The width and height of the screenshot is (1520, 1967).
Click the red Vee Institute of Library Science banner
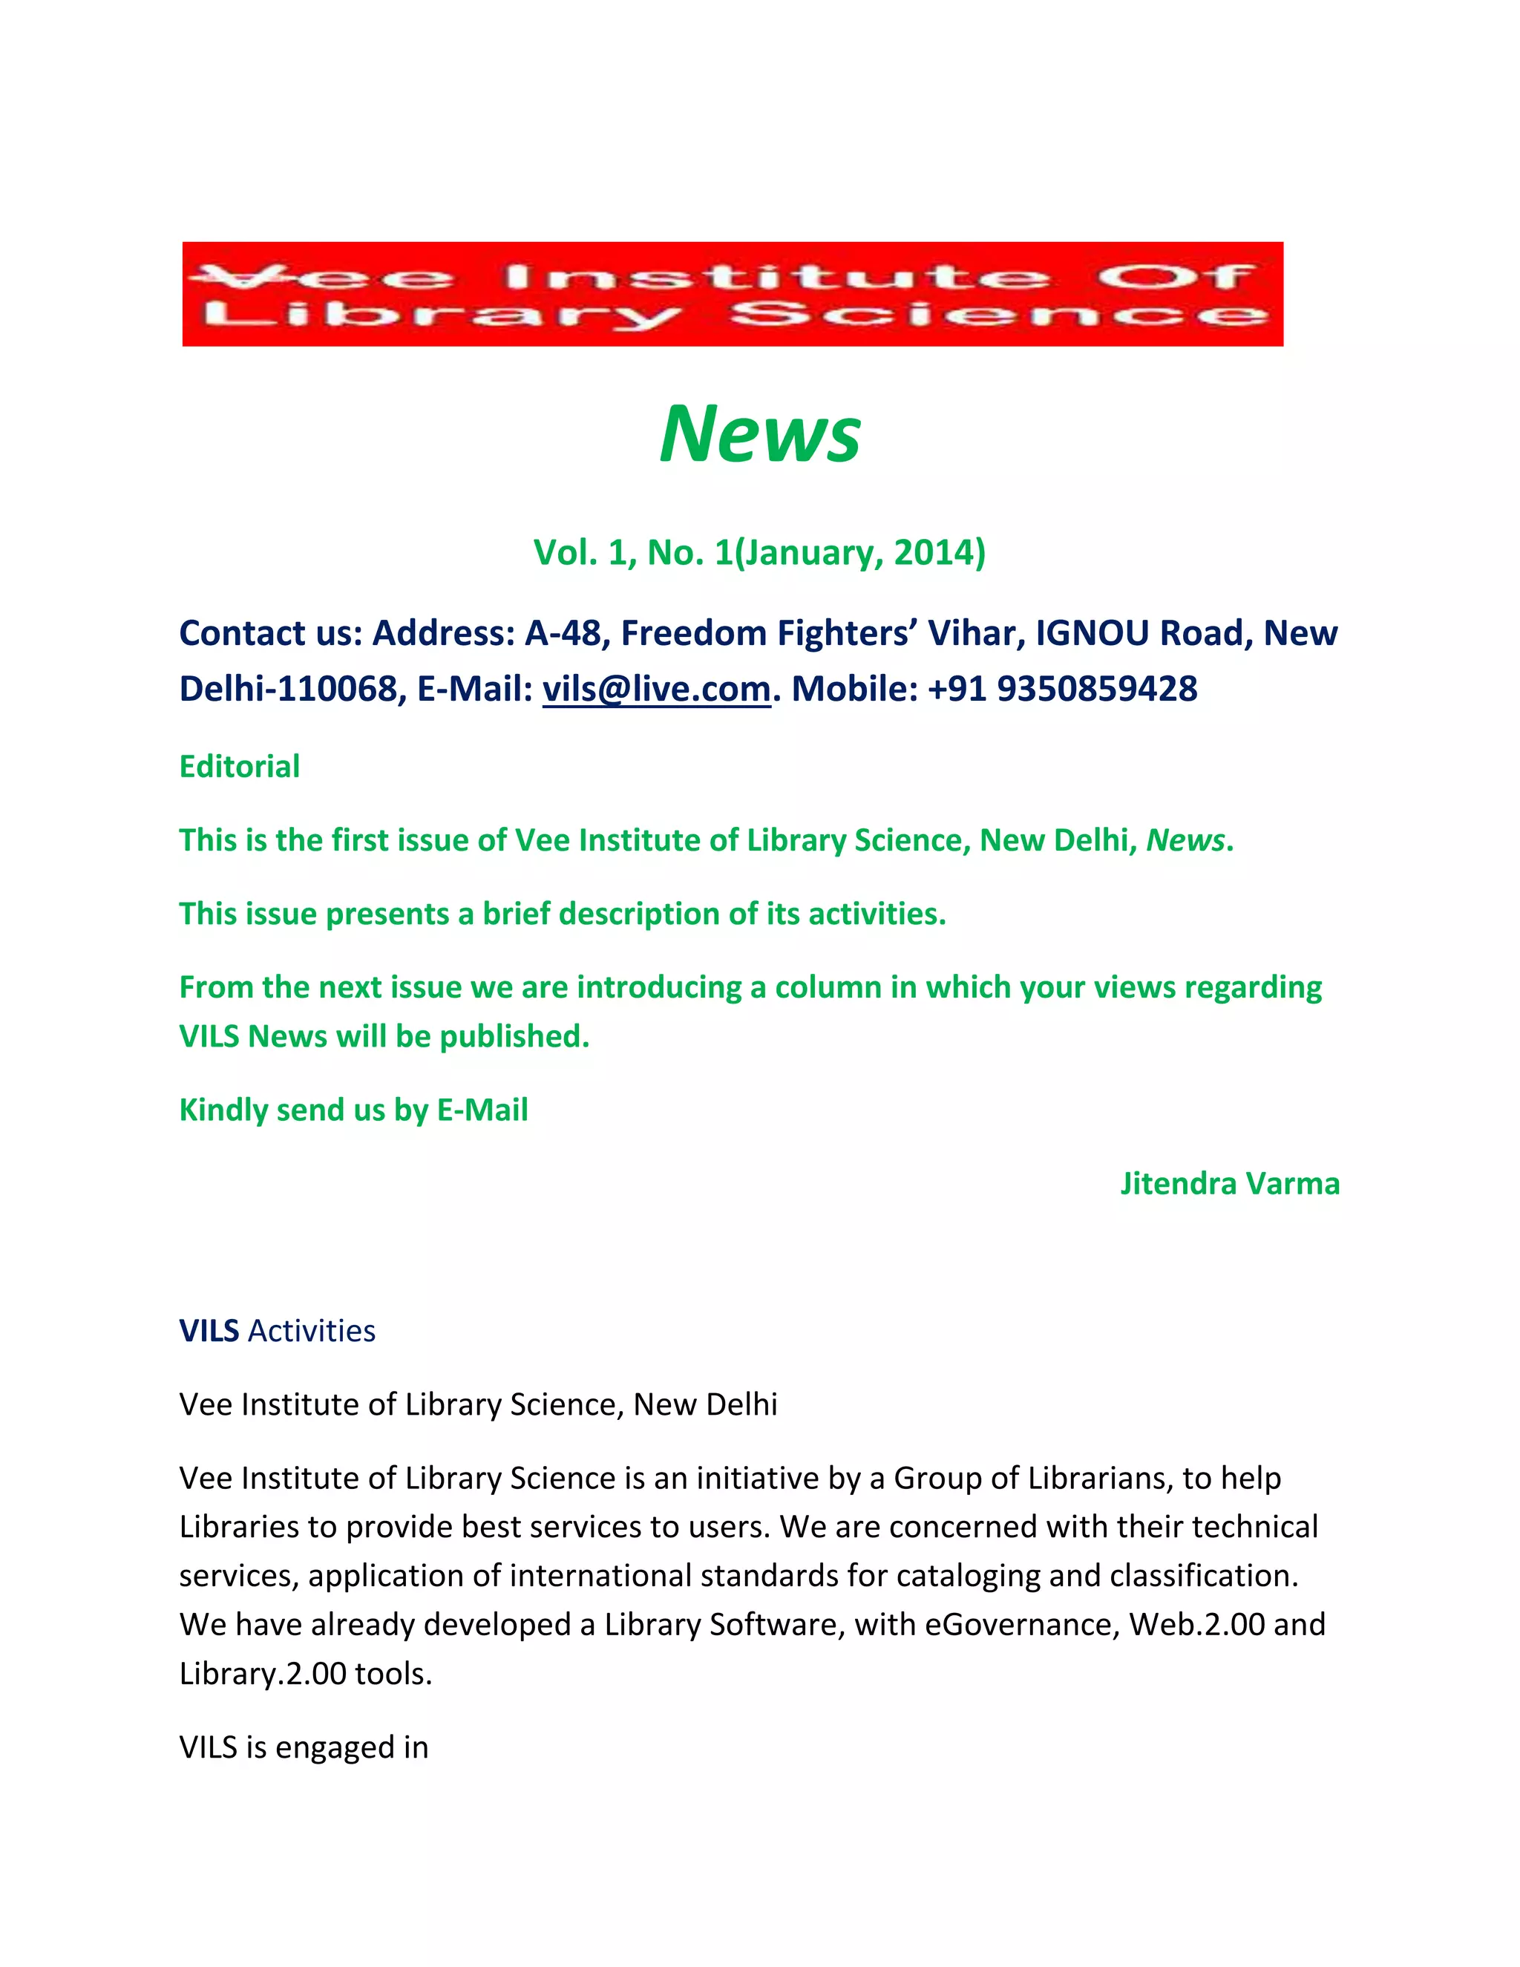click(732, 294)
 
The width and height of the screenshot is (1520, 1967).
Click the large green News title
click(760, 434)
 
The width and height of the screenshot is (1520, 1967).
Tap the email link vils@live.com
click(656, 689)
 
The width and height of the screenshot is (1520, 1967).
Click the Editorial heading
click(240, 767)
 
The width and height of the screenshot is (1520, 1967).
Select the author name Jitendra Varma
click(1229, 1183)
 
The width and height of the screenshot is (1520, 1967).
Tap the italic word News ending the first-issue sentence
click(1185, 840)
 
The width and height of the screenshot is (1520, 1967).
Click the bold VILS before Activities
click(209, 1331)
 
